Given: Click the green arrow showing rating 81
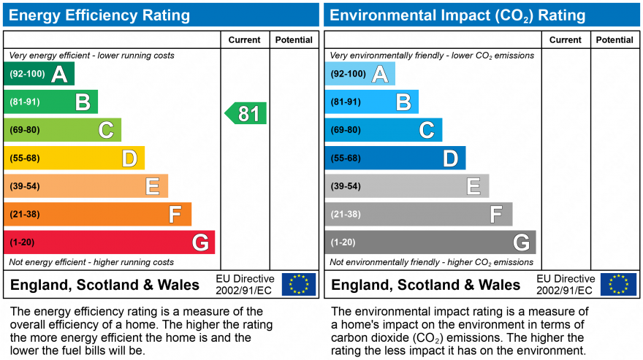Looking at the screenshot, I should (246, 113).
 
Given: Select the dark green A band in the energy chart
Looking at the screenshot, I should (39, 74).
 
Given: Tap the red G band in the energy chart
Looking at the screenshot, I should (110, 242).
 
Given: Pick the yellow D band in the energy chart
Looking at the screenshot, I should (74, 158).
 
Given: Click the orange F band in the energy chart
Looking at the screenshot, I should (97, 214).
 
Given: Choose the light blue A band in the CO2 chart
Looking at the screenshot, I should (359, 74).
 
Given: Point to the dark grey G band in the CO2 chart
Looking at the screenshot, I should (430, 242).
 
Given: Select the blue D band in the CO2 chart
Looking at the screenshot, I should (395, 158).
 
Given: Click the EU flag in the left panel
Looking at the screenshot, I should (299, 284).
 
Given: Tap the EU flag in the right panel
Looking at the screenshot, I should (618, 284).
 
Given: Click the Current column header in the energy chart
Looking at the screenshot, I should (245, 40).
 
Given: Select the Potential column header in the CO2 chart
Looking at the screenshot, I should (615, 40).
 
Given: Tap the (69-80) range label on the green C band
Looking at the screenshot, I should (25, 130).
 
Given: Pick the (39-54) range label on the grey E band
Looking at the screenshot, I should (346, 186).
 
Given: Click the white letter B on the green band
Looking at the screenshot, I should (83, 102).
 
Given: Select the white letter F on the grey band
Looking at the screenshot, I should (496, 214).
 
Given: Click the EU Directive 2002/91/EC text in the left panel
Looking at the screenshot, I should (245, 284).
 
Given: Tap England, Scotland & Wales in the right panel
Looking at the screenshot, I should (426, 285).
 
